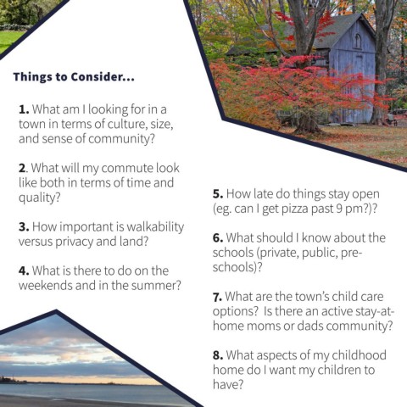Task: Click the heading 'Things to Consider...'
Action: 74,77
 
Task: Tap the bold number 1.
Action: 24,109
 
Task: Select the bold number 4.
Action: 24,270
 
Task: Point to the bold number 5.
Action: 218,194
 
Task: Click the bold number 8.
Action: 218,355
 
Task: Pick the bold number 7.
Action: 217,297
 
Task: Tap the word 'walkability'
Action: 155,227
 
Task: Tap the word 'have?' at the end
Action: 228,384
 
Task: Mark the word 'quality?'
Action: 40,198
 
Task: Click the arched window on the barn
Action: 358,42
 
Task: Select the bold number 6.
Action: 218,238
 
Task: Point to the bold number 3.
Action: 24,227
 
